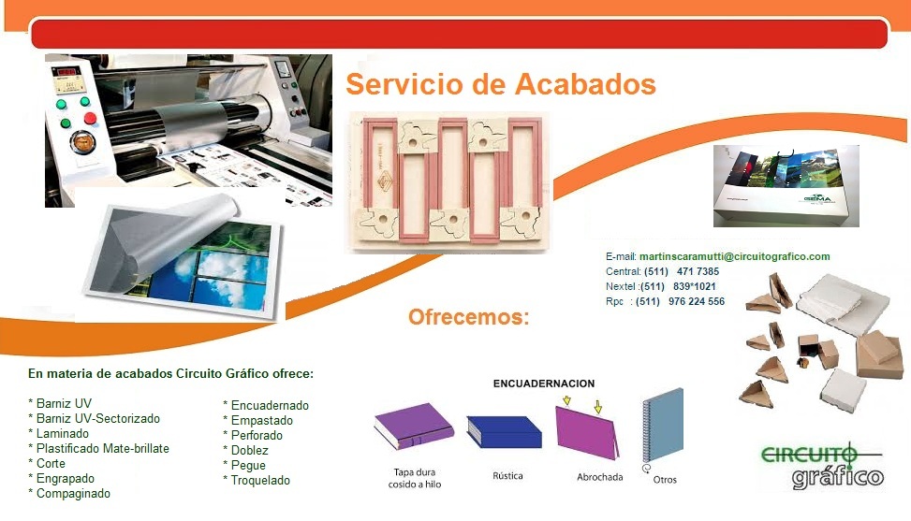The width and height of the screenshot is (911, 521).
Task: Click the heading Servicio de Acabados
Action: [x=501, y=84]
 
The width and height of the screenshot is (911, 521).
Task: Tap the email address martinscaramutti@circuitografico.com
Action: [x=734, y=256]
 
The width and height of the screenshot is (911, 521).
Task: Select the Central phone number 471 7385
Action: [x=698, y=271]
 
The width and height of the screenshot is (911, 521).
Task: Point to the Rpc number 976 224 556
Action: [x=697, y=302]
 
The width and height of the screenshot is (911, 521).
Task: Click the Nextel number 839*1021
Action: [x=695, y=286]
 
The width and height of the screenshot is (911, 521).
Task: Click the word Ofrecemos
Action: [x=468, y=317]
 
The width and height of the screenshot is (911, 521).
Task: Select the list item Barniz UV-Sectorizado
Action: [x=95, y=419]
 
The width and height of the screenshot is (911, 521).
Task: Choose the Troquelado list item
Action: [x=257, y=481]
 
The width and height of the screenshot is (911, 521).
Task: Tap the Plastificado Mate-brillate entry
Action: [x=98, y=448]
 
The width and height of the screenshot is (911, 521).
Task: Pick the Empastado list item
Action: [x=258, y=421]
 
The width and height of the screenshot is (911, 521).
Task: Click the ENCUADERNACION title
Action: [x=544, y=384]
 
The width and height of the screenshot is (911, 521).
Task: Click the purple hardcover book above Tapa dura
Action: [x=414, y=427]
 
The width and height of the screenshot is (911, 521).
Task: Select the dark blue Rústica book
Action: [x=505, y=431]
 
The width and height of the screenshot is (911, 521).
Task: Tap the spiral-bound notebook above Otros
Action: [x=663, y=427]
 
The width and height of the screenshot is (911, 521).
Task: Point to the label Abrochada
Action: [x=599, y=477]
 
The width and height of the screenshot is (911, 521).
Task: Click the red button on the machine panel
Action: [x=90, y=119]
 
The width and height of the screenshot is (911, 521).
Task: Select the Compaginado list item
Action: [x=69, y=494]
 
